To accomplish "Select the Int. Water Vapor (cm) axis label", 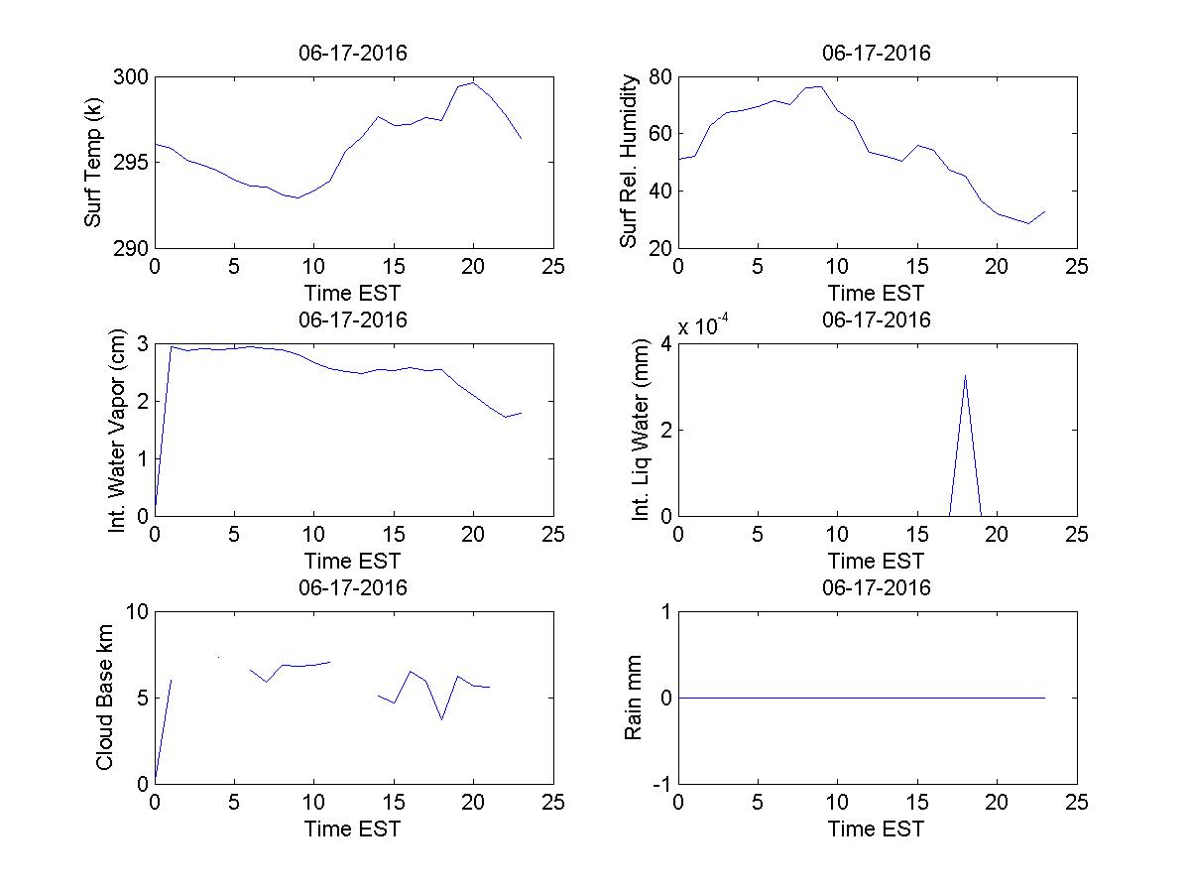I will click(x=119, y=430).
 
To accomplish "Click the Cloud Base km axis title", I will click(x=105, y=699).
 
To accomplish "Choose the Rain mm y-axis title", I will click(x=633, y=699).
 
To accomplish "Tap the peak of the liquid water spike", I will click(x=965, y=375).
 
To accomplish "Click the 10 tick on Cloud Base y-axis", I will click(x=136, y=612).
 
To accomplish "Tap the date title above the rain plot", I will click(x=877, y=587).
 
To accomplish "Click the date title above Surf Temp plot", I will click(x=353, y=54).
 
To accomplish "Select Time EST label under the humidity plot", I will click(x=877, y=293).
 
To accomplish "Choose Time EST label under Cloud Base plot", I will click(x=353, y=829).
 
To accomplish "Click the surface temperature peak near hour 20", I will click(x=474, y=82).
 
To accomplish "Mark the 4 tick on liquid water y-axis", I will click(x=665, y=344).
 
